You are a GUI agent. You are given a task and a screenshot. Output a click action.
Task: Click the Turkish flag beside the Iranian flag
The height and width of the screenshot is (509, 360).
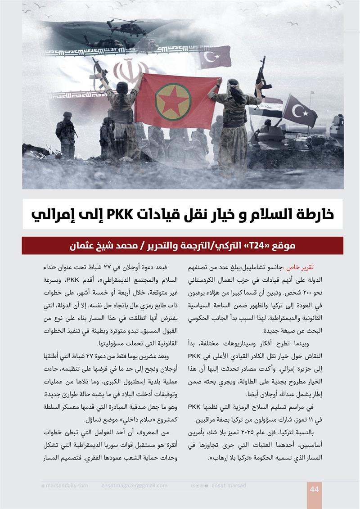tap(215, 57)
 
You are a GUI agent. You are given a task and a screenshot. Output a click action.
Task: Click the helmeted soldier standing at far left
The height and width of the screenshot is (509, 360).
tap(66, 135)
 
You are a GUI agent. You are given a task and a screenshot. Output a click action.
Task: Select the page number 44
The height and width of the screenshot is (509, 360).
tap(314, 489)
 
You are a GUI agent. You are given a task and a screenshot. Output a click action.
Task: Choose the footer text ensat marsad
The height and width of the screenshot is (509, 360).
tap(230, 486)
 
